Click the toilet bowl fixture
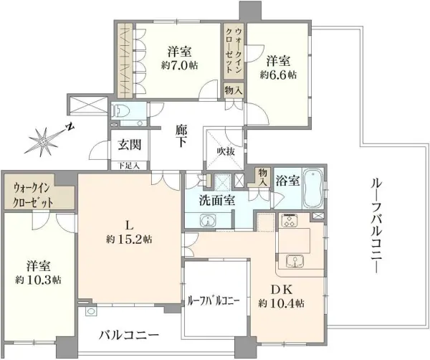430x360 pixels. [122, 111]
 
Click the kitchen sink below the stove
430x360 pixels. [294, 260]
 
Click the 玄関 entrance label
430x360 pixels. [130, 144]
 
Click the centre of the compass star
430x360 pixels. [42, 138]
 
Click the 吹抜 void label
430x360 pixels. [225, 153]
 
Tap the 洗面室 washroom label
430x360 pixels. [217, 201]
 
